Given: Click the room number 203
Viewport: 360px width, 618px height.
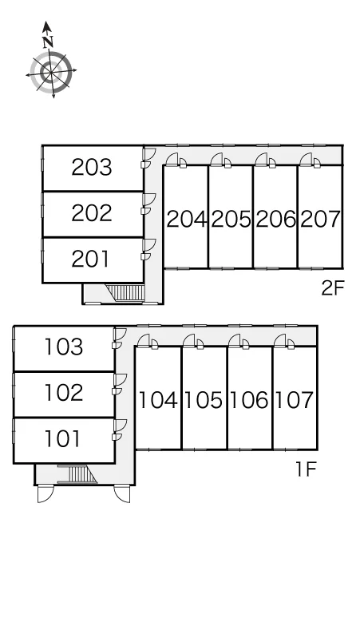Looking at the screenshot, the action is [x=92, y=167].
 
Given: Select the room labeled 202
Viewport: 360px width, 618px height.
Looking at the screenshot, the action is [x=92, y=213].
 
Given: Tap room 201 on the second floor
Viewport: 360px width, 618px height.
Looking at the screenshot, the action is [x=90, y=259].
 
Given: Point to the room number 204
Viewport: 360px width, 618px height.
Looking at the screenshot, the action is [x=186, y=219].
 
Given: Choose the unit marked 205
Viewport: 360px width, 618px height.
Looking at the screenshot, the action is [x=231, y=219].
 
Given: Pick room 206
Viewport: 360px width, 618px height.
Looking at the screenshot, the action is [x=275, y=219].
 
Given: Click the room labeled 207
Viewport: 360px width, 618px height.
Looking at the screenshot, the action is [x=320, y=219].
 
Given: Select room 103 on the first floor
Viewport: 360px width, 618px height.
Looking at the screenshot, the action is [x=63, y=347].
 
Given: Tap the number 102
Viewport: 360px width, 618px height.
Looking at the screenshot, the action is [x=63, y=393].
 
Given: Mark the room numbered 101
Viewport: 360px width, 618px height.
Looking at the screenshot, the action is [x=62, y=438].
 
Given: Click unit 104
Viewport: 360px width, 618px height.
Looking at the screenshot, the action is [x=158, y=400].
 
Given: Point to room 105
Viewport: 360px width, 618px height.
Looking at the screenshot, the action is [x=204, y=400].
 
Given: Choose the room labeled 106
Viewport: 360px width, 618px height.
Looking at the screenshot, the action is [x=248, y=400].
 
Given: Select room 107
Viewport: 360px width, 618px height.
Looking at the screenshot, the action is [x=294, y=400].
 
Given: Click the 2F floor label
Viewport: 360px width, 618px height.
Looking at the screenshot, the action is [x=333, y=288].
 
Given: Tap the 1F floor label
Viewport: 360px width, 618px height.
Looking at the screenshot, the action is [x=306, y=469].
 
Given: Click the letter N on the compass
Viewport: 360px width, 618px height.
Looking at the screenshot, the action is [x=49, y=42].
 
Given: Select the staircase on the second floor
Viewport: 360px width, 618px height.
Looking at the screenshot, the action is [x=125, y=293].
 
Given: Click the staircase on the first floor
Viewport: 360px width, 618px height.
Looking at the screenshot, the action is [x=77, y=473].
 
